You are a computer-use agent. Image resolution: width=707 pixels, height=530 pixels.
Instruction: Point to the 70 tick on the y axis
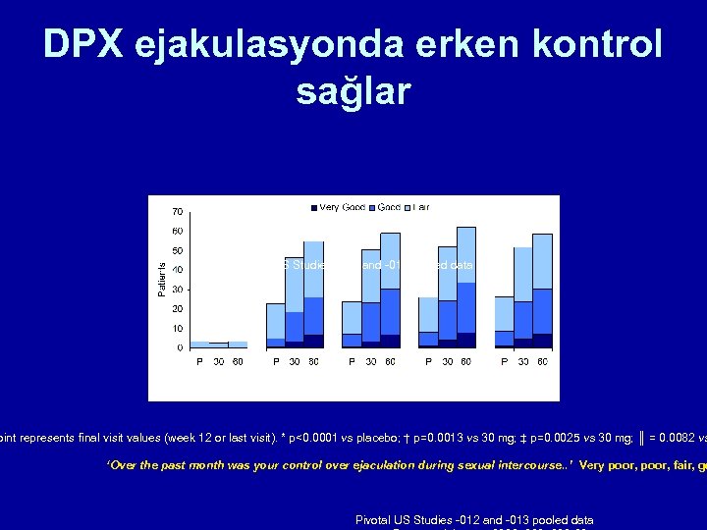[x=177, y=211]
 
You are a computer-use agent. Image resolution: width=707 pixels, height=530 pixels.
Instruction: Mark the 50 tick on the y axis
[x=177, y=250]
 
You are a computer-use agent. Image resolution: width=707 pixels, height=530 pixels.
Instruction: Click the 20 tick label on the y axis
[x=177, y=308]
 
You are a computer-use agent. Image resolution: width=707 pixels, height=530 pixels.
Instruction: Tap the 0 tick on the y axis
[x=180, y=347]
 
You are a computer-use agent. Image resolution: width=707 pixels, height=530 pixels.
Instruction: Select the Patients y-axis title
[x=162, y=276]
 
